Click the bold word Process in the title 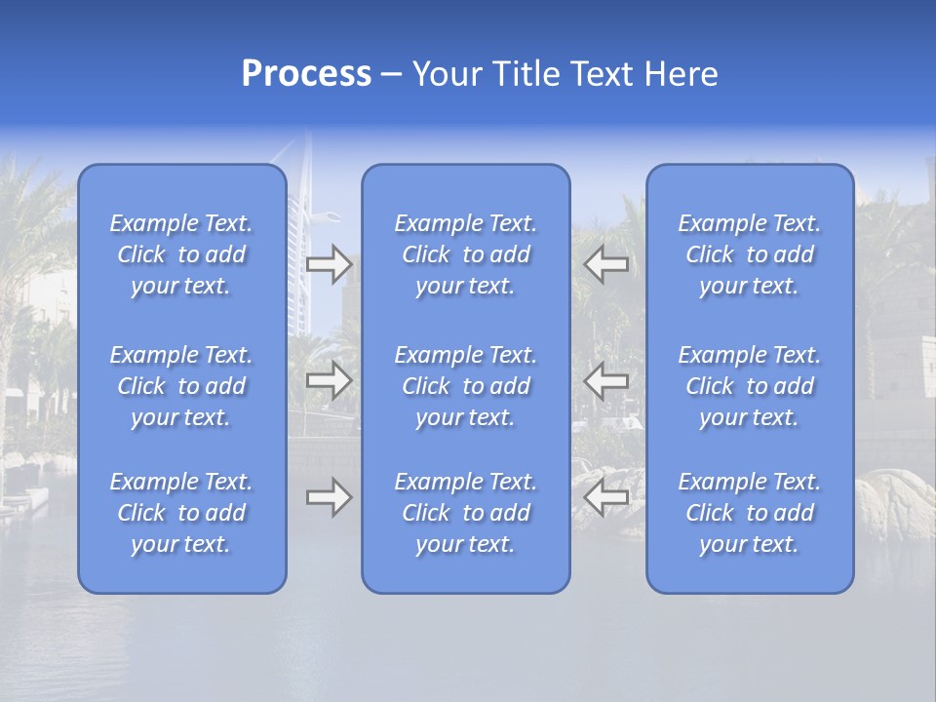306,74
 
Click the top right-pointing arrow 329,263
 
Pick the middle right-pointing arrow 329,380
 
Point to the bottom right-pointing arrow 329,497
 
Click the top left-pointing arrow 606,263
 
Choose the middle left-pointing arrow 606,380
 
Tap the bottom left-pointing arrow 606,497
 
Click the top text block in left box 181,254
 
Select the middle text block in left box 181,386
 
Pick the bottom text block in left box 181,513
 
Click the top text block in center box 466,254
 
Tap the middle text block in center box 466,386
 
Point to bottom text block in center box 466,513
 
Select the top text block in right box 750,254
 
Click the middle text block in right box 750,386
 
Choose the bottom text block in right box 750,513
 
